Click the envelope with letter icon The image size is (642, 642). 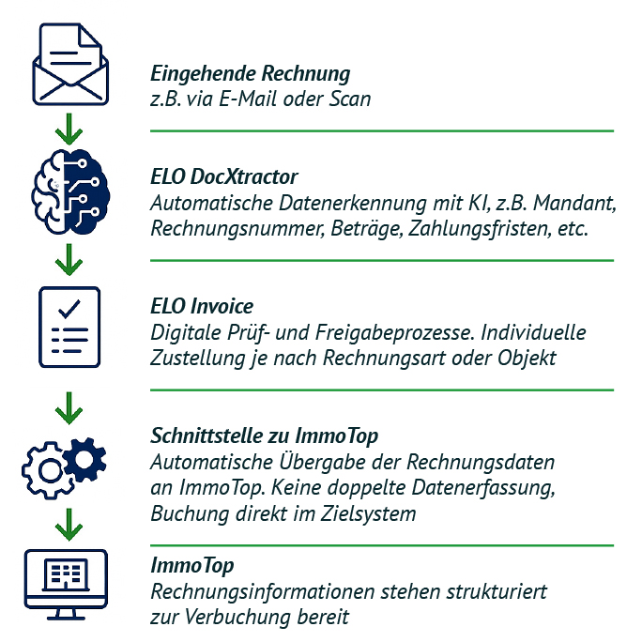pos(70,64)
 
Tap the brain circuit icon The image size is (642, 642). pos(70,191)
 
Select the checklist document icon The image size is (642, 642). pos(69,328)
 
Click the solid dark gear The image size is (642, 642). pos(84,459)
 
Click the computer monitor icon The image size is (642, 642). pos(66,585)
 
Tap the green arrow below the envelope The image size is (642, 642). pos(69,129)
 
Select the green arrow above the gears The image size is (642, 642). pos(69,408)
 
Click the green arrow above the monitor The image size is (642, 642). pos(69,525)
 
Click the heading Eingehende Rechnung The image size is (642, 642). pos(251,74)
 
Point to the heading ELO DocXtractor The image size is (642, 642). pos(224,176)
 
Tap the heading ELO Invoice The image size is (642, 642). pos(202,306)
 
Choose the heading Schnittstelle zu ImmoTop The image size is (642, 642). pos(264,436)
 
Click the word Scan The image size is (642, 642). pos(350,99)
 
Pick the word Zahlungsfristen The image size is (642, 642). pos(479,229)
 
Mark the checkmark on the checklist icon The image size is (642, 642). pos(69,309)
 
